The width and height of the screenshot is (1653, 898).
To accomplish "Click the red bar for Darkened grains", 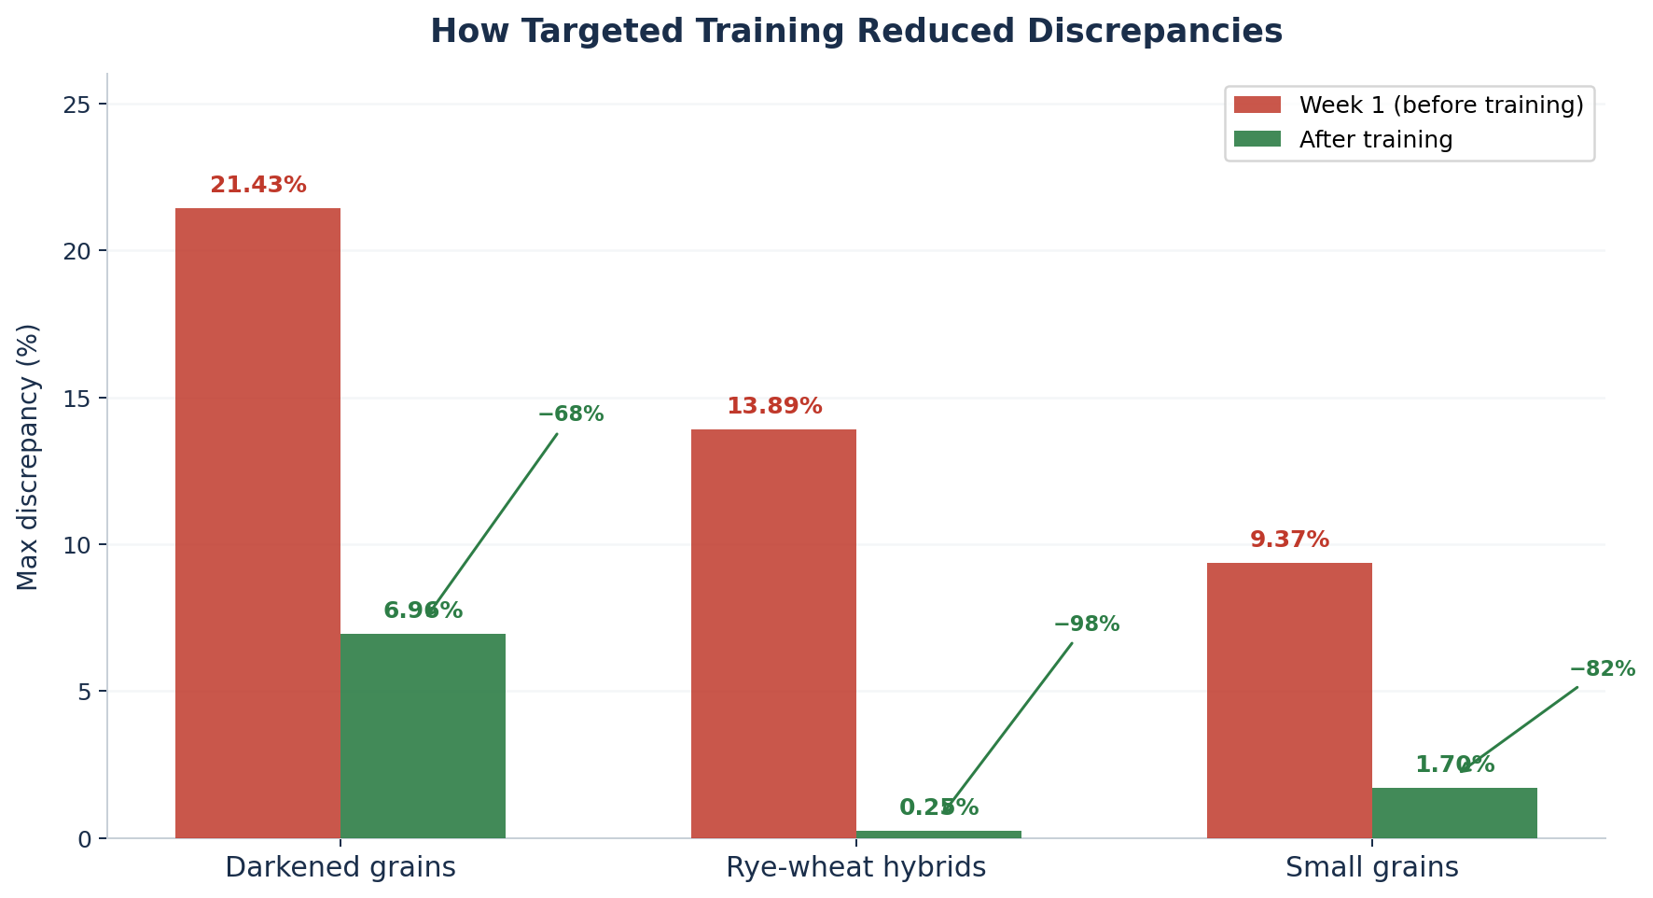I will [257, 523].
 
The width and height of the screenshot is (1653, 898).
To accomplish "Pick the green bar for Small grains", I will [1454, 813].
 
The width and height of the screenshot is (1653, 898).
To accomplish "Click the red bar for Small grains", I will [1289, 700].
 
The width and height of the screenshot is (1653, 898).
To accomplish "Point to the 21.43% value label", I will [258, 186].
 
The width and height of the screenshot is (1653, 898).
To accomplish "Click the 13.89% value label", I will [774, 407].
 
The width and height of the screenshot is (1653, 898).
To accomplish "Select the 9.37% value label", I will [1289, 540].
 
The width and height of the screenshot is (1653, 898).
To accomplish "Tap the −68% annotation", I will [571, 414].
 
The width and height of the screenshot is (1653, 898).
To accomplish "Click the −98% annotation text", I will [1087, 624].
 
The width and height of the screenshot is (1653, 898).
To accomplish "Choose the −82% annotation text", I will [1602, 669].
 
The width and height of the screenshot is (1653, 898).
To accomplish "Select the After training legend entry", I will [1375, 140].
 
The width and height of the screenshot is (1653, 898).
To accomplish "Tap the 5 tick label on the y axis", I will [85, 693].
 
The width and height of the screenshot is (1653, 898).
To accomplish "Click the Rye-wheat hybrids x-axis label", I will [855, 868].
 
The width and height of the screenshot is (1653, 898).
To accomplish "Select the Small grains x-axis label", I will [1371, 868].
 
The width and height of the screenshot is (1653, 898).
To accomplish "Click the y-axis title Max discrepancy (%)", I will [28, 456].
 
